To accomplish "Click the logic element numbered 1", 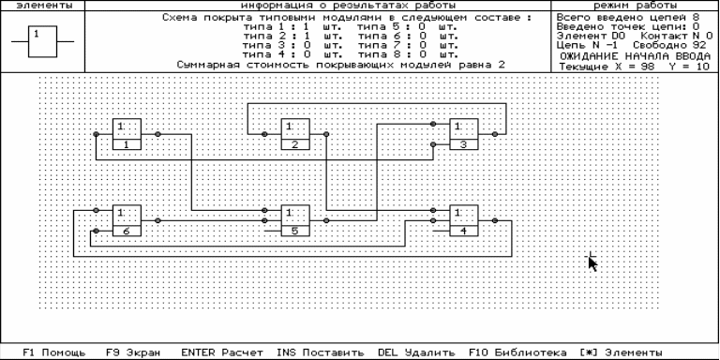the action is point(127,134).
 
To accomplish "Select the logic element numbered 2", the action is point(295,134).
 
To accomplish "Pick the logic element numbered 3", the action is point(464,134).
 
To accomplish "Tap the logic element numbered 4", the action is point(464,220).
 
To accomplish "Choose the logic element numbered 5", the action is point(295,220).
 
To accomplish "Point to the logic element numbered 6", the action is point(127,220).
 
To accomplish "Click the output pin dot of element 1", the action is point(157,134).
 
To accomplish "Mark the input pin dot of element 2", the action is point(264,134).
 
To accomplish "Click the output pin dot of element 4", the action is point(495,220).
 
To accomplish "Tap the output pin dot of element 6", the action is point(157,220).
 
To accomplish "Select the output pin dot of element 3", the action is point(495,134).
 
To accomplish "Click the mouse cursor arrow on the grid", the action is point(592,263).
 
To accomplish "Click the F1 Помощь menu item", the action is point(54,352).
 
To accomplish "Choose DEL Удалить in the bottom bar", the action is point(416,352).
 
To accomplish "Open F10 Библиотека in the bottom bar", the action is point(517,352).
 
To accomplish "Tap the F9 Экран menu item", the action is point(133,352).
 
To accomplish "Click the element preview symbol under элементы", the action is point(42,42).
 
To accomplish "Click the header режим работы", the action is point(635,6).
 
